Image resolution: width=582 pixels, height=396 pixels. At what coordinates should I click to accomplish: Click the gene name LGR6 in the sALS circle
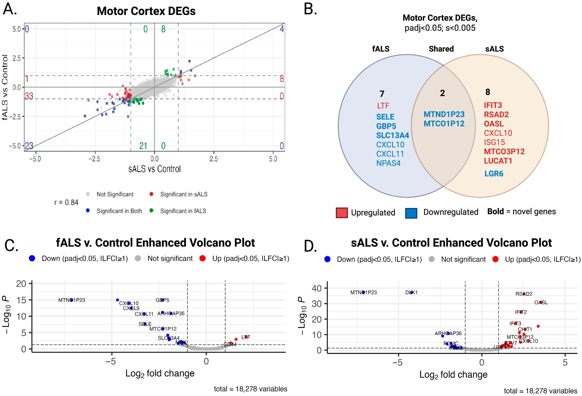pyautogui.click(x=494, y=174)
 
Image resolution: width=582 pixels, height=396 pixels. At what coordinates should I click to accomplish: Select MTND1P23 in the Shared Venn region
pyautogui.click(x=444, y=114)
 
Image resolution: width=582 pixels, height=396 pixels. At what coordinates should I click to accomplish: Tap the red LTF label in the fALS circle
pyautogui.click(x=383, y=106)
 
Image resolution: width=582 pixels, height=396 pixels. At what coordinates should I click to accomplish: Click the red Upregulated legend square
pyautogui.click(x=342, y=213)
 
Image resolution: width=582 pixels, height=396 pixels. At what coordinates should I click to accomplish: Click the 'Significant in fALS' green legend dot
pyautogui.click(x=151, y=210)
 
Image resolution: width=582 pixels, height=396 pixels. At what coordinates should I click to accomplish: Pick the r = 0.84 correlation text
pyautogui.click(x=66, y=202)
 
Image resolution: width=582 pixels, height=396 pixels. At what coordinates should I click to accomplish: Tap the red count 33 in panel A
pyautogui.click(x=29, y=96)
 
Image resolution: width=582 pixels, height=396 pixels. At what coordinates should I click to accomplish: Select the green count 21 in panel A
pyautogui.click(x=143, y=146)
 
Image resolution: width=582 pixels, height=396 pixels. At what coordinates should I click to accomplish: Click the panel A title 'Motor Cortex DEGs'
pyautogui.click(x=146, y=11)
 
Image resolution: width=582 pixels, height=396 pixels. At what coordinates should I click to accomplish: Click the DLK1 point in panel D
pyautogui.click(x=411, y=292)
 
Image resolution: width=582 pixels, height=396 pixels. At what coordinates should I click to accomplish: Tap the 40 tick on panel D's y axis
pyautogui.click(x=317, y=288)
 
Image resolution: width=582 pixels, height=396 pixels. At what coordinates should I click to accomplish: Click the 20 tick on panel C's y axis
pyautogui.click(x=21, y=284)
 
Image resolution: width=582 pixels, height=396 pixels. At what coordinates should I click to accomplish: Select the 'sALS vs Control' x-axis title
pyautogui.click(x=154, y=169)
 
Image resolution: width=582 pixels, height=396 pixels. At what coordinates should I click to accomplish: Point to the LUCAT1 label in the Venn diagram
pyautogui.click(x=498, y=161)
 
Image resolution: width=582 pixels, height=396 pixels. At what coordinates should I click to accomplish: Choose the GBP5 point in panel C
pyautogui.click(x=162, y=300)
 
